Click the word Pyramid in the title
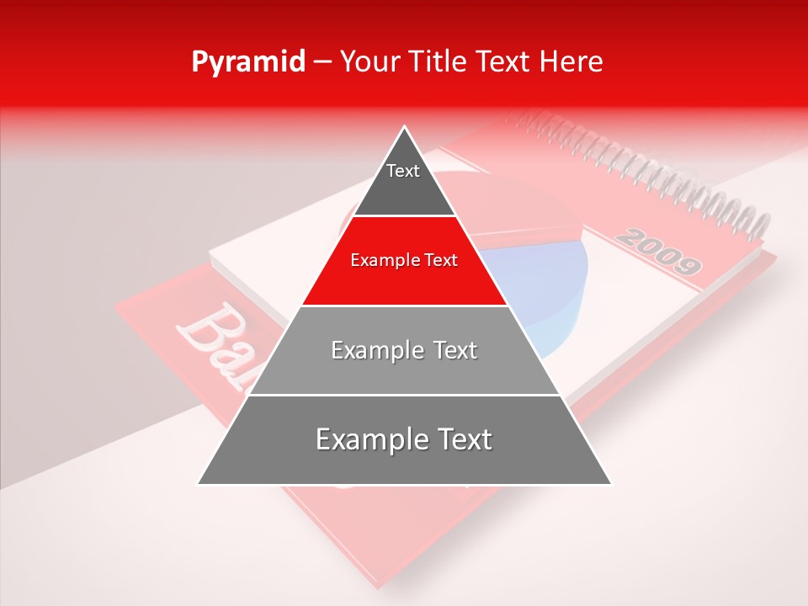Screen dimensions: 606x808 pyautogui.click(x=247, y=62)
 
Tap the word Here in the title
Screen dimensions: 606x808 pyautogui.click(x=574, y=62)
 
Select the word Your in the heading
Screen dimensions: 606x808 pyautogui.click(x=368, y=62)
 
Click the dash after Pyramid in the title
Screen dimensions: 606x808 pyautogui.click(x=322, y=62)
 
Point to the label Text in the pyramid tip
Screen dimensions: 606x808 pyautogui.click(x=403, y=171)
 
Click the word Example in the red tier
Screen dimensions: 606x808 pyautogui.click(x=384, y=261)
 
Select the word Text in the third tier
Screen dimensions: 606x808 pyautogui.click(x=455, y=350)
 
